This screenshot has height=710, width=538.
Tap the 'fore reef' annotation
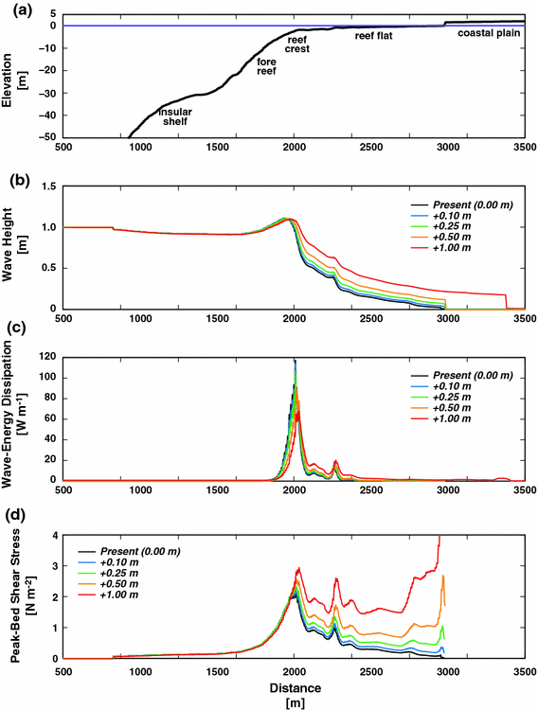coord(265,66)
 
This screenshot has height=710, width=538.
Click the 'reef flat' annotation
coord(374,35)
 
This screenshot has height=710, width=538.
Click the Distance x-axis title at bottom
coord(295,689)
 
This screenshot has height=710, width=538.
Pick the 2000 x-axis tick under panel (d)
coord(295,668)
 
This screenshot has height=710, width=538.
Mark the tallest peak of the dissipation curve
coord(295,360)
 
